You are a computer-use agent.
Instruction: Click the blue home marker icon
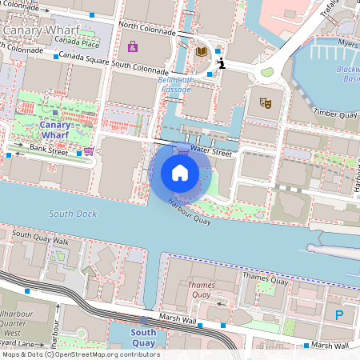coord(180,173)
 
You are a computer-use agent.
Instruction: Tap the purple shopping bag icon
coord(133,46)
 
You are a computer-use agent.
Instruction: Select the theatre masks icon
coord(265,102)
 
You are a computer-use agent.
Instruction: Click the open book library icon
coord(202,51)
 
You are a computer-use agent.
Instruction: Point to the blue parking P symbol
coord(339,315)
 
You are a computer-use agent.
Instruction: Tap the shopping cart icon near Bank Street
coord(89,150)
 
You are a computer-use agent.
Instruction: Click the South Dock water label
coord(72,214)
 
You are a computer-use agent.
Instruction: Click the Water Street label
coord(211,150)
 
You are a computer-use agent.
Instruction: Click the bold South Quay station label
coord(143,338)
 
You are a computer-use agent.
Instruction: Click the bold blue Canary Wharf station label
coord(54,130)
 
